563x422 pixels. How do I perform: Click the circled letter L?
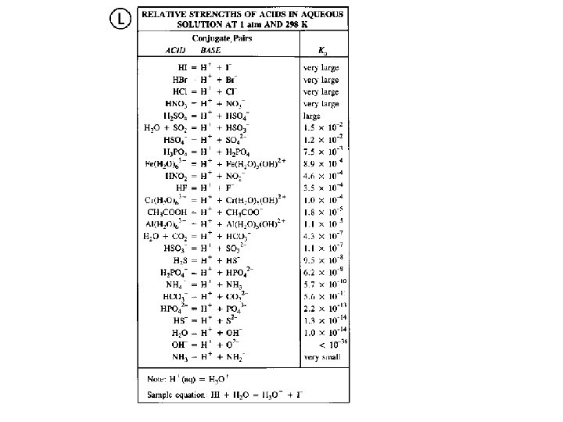(120, 20)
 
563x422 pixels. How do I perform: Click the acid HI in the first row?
(181, 68)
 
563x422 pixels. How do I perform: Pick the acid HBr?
(179, 80)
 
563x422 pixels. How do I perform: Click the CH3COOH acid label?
(167, 211)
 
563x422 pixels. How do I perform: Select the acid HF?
(179, 188)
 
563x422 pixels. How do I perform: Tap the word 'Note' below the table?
(156, 380)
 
